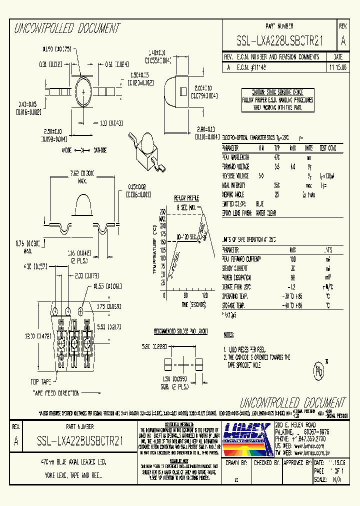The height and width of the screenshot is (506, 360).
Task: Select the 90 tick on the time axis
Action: click(x=185, y=295)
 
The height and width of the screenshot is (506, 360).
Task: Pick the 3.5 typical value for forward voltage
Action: click(x=276, y=166)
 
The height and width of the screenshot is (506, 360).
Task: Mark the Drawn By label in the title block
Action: click(x=237, y=463)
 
